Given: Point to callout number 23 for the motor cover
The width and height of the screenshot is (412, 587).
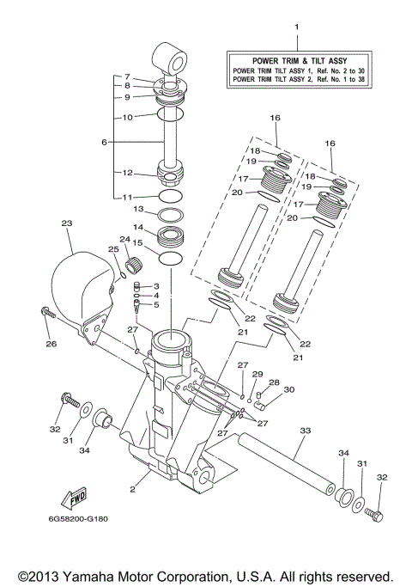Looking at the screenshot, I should click(x=66, y=223).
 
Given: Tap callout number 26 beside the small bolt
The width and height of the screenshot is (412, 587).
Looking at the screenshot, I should click(x=50, y=345).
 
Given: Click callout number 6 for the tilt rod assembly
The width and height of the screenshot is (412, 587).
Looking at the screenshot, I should click(x=105, y=142).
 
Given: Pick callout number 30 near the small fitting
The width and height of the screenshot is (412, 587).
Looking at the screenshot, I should click(x=289, y=389).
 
